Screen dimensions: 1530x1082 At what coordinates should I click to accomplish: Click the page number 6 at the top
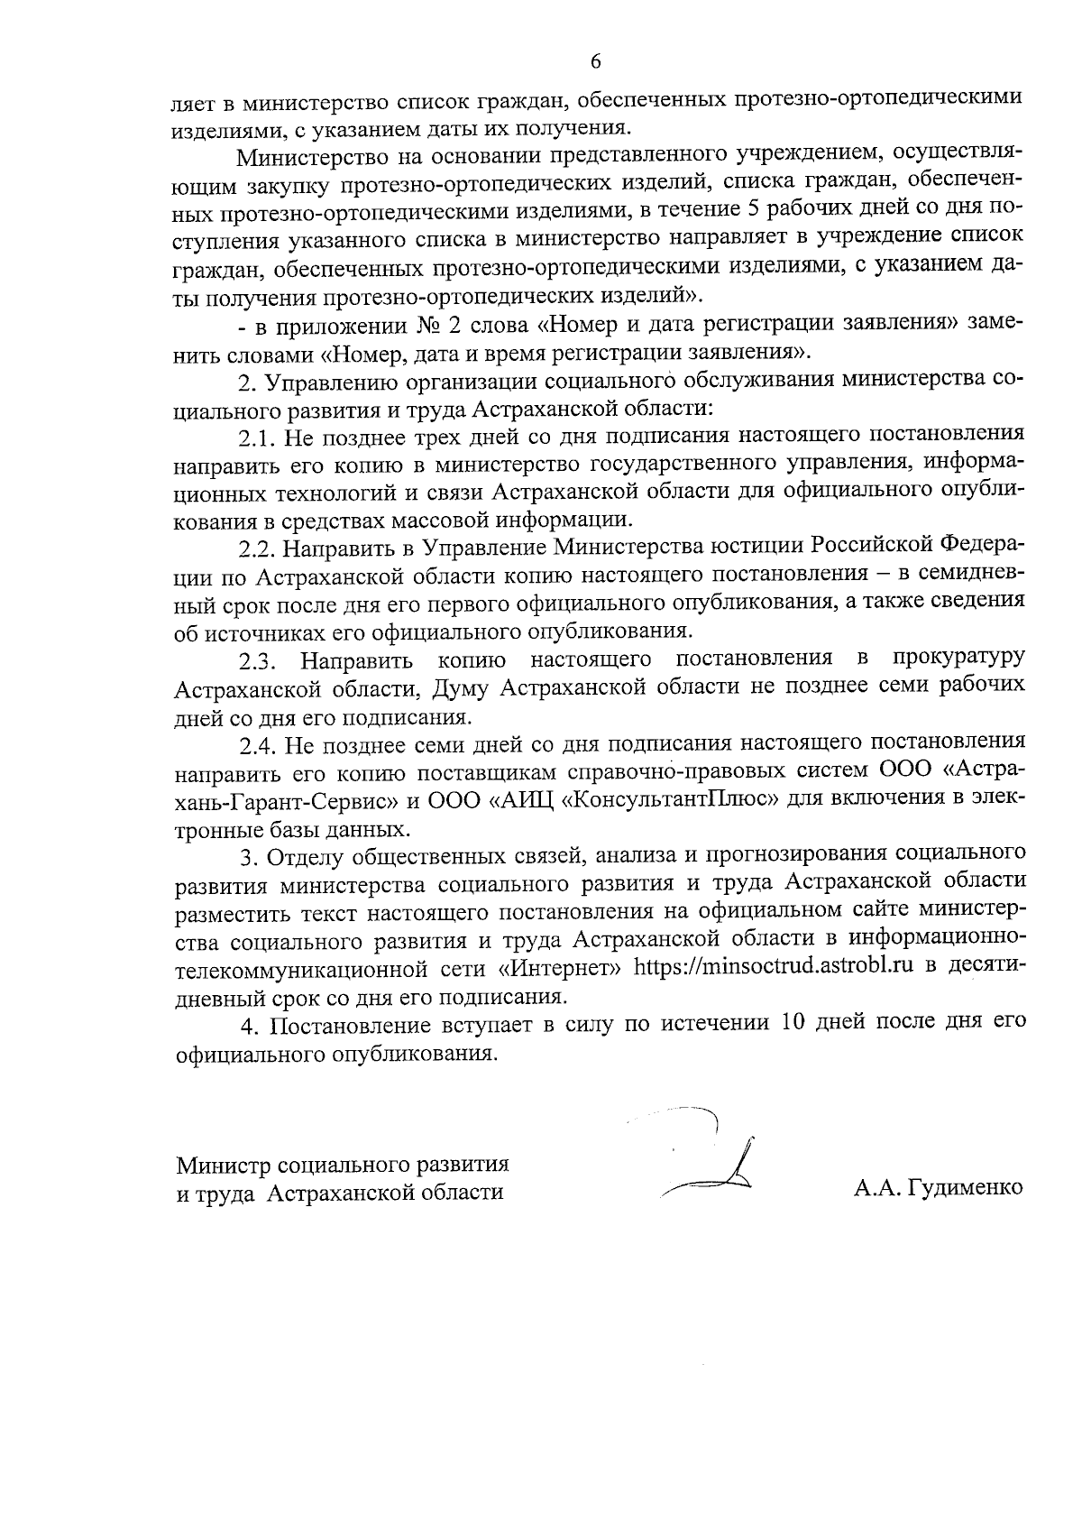(595, 61)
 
